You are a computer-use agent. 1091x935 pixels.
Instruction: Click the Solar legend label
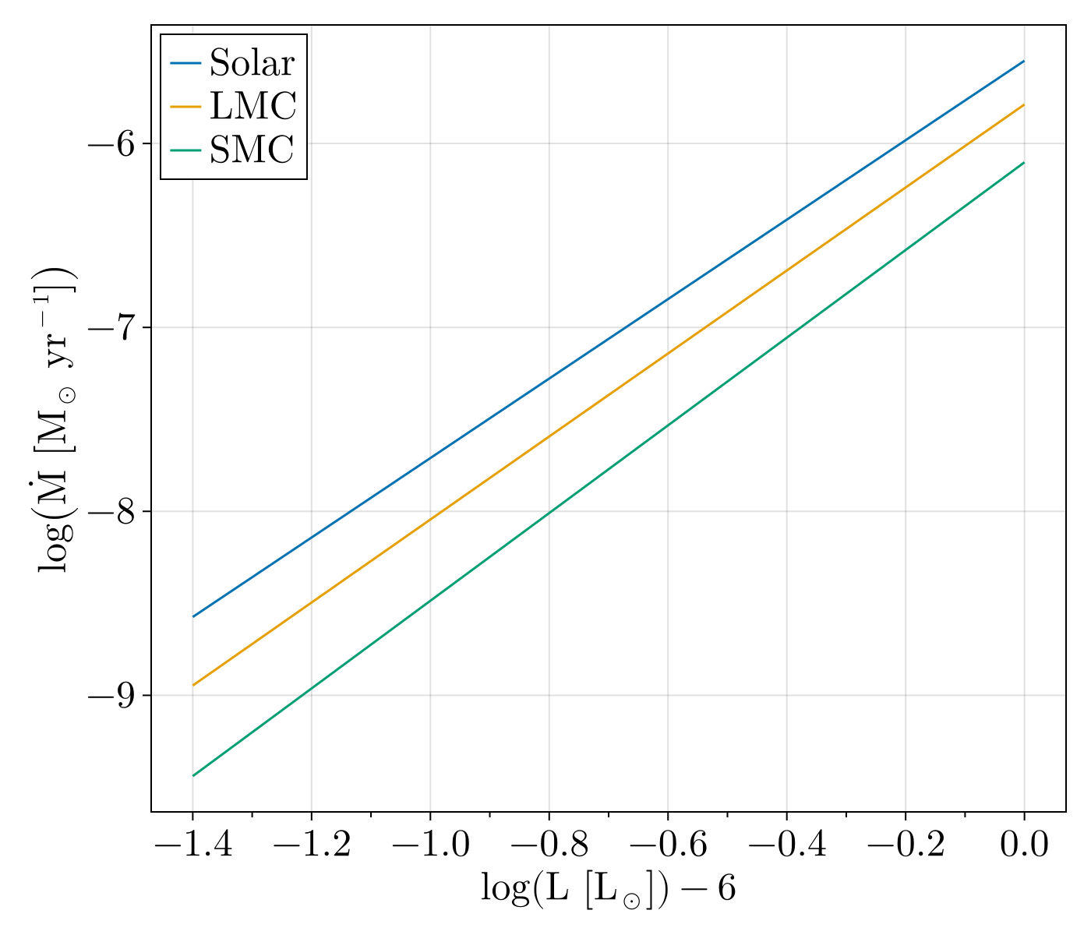(x=252, y=64)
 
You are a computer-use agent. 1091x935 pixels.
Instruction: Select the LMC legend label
(x=252, y=107)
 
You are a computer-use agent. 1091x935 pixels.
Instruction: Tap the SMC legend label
(x=251, y=150)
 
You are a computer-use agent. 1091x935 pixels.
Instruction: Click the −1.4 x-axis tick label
(x=192, y=845)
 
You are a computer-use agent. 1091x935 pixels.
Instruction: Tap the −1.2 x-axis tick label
(x=311, y=845)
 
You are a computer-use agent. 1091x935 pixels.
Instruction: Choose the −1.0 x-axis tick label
(x=430, y=845)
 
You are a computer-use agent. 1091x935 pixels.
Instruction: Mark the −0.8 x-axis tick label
(x=549, y=845)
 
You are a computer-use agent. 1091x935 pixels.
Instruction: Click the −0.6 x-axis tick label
(x=667, y=845)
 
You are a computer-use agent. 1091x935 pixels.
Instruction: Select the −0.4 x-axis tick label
(x=786, y=845)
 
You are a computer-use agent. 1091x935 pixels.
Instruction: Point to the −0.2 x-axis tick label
(x=905, y=845)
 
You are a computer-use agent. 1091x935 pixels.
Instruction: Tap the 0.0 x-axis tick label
(x=1024, y=845)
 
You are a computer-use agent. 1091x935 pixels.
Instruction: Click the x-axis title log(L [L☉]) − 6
(x=608, y=889)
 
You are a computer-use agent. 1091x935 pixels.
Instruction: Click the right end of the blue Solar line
(x=1023, y=61)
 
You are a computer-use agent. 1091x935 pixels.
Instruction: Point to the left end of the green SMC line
(x=192, y=775)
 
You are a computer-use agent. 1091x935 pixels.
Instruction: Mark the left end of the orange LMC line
(x=192, y=685)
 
